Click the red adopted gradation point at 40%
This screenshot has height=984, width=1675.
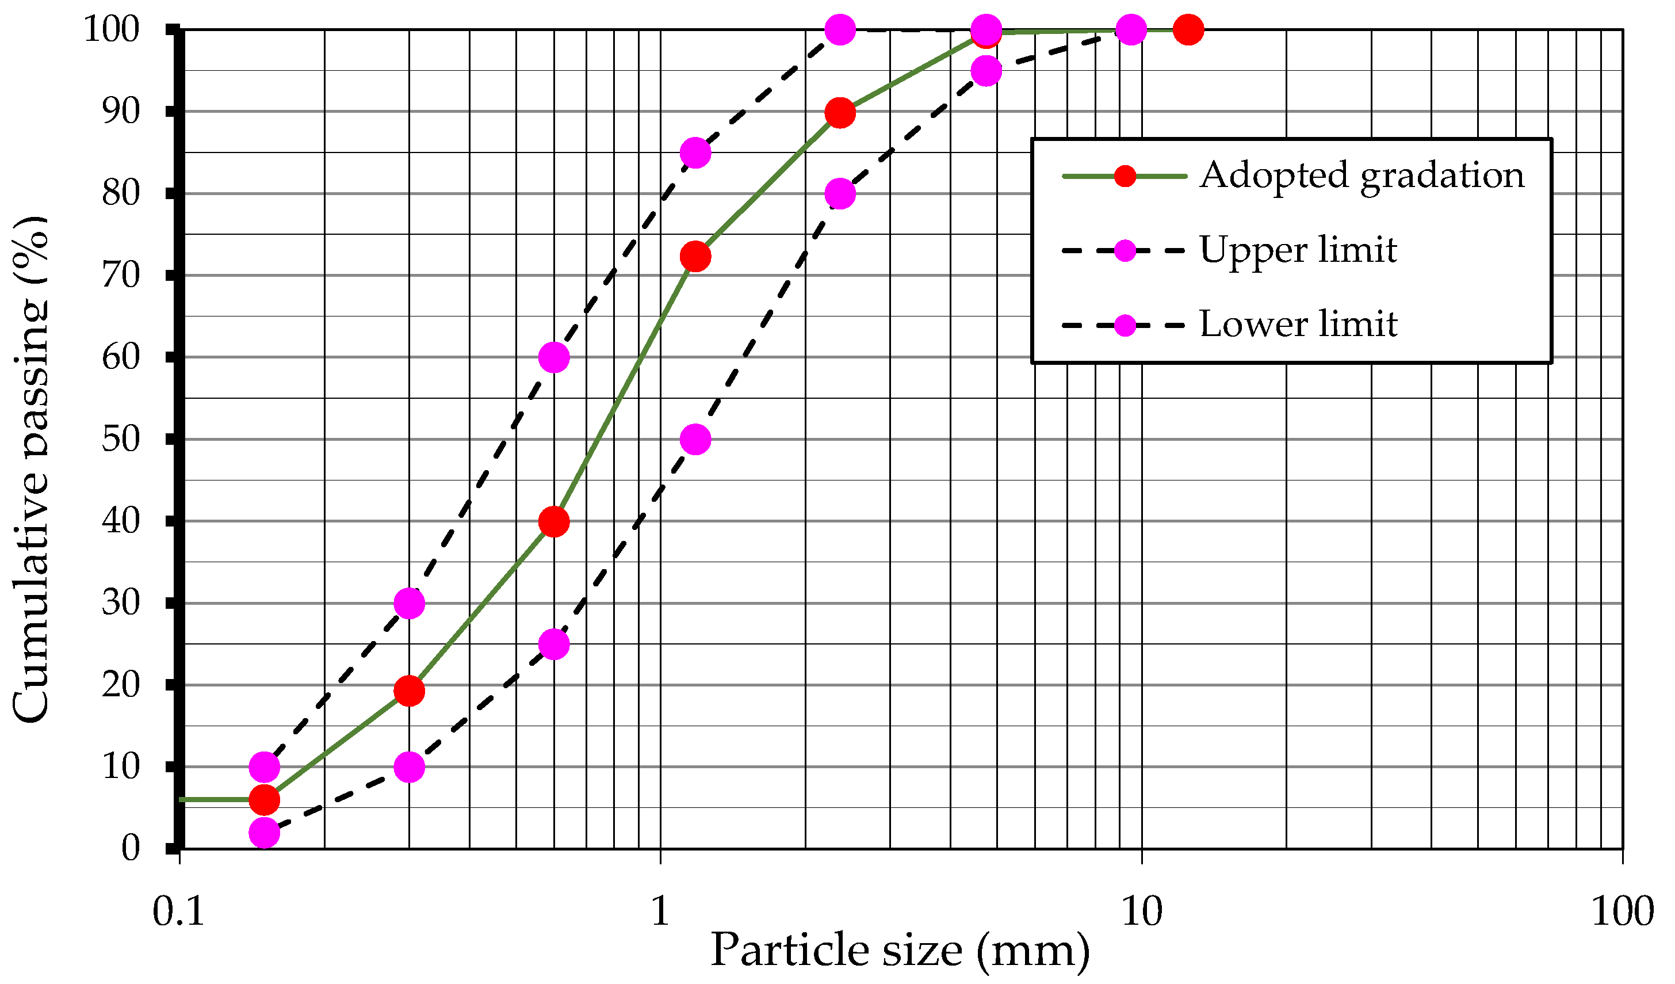coord(554,521)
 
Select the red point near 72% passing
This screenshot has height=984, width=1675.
coord(695,256)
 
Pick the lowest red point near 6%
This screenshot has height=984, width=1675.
coord(264,799)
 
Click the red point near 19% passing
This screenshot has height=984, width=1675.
coord(409,692)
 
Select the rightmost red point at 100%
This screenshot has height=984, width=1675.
coord(1188,29)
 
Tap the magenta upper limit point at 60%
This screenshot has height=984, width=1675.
coord(554,357)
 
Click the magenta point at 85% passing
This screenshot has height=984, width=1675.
coord(695,153)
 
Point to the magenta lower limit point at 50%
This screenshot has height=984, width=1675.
coord(695,440)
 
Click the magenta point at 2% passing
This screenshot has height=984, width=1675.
coord(264,833)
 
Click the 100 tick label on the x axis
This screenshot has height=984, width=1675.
coord(1622,911)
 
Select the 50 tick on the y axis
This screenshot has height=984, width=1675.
coord(121,440)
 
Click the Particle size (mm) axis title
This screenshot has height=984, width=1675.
coord(900,950)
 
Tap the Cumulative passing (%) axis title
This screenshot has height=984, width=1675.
coord(30,469)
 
